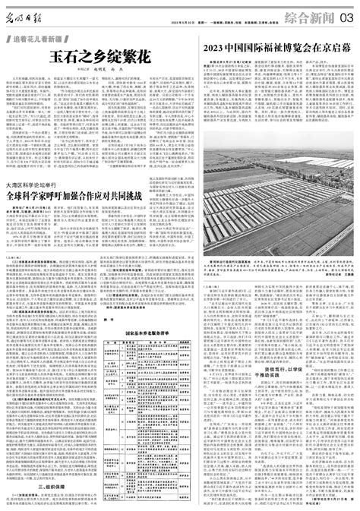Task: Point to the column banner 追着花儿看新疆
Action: (45, 37)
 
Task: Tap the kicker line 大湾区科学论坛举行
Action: (34, 185)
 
